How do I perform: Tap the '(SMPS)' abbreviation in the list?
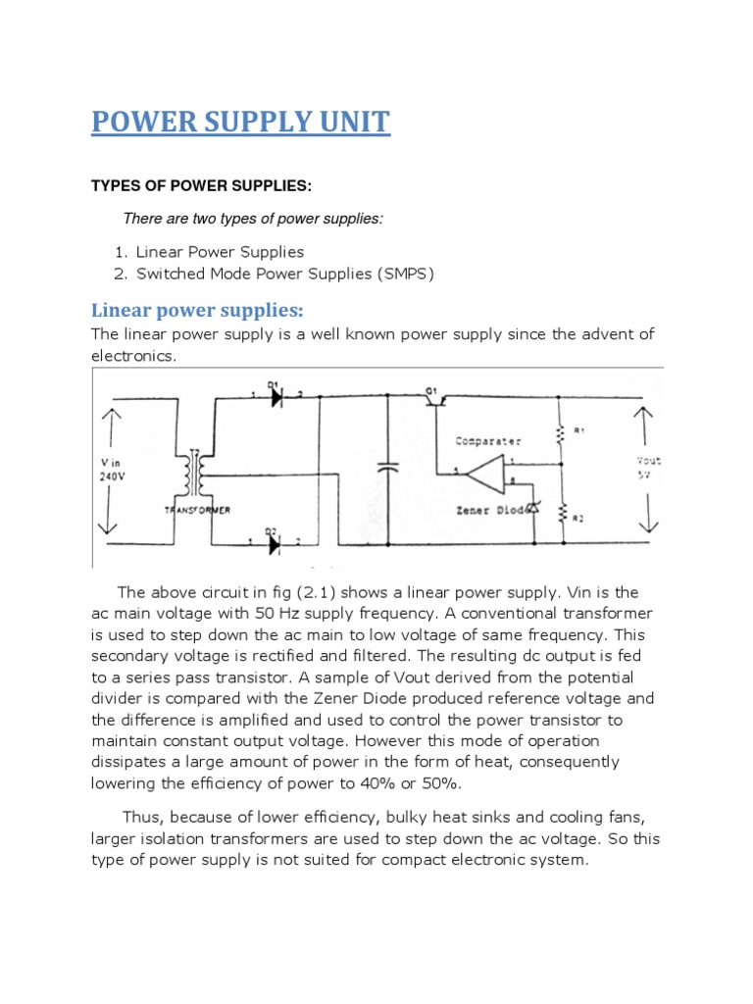pos(401,274)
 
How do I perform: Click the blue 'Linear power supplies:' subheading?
pos(198,310)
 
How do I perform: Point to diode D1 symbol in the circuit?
pos(274,395)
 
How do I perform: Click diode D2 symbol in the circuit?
pos(274,541)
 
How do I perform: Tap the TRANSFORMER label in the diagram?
pos(197,511)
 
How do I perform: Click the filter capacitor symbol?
pos(388,469)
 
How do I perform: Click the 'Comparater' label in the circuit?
pos(488,441)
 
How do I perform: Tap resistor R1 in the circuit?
pos(562,432)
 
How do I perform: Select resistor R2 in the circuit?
pos(562,511)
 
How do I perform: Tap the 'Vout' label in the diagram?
pos(648,460)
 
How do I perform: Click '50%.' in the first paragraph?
pos(437,783)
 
